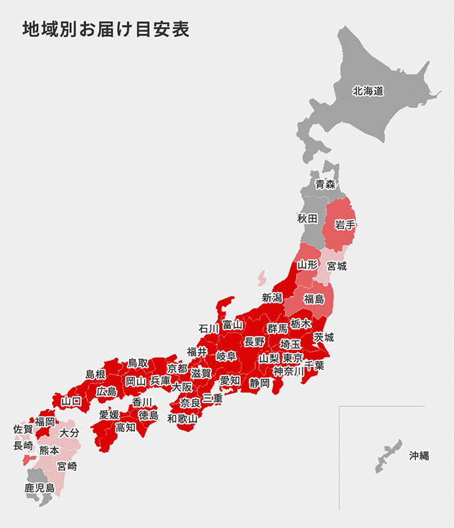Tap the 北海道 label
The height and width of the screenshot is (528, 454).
pos(368,91)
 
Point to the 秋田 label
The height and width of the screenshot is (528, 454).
pos(307,218)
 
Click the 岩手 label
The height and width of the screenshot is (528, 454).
pos(345,225)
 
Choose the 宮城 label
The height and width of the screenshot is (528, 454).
pos(337,266)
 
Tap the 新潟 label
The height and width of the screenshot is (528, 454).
pos(272,297)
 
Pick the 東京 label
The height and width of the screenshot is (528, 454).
pos(293,358)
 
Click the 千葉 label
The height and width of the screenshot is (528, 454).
pos(314,365)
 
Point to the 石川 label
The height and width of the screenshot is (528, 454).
pos(209,328)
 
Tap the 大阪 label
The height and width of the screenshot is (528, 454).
pos(182,387)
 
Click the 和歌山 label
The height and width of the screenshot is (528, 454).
pos(182,418)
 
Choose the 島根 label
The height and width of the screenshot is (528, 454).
pos(95,374)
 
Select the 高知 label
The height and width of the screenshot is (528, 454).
pos(126,427)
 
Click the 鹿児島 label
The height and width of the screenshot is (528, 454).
pos(39,488)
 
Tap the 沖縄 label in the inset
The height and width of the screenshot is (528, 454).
pos(418,455)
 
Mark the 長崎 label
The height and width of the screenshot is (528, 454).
pos(23,445)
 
